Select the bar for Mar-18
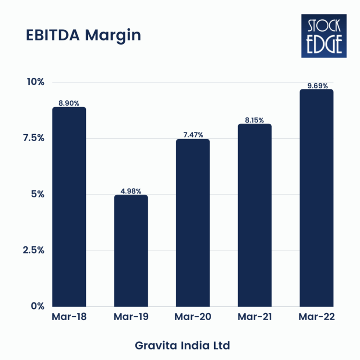coord(69,206)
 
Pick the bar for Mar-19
coord(131,251)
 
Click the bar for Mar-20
coord(192,223)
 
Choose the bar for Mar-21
coord(254,215)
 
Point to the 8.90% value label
coord(69,103)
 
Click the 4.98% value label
coord(131,191)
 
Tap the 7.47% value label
coord(192,135)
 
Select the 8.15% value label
coord(254,120)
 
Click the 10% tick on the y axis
coord(35,82)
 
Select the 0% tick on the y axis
coord(37,306)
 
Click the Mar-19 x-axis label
coord(131,317)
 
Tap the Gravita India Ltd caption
coord(182,345)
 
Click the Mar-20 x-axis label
coord(192,317)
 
